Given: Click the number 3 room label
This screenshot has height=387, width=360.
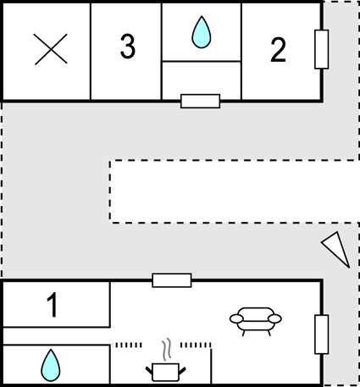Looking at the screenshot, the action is pos(128,47).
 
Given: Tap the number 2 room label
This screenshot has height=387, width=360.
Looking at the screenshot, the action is pos(279,50).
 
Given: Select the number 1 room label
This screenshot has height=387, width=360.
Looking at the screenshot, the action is pos(53,305).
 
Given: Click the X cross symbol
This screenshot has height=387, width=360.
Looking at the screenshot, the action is pos(51,49).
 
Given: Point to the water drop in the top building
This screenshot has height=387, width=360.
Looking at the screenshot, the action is pos(202,32).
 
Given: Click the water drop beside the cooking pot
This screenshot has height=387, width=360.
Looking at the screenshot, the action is pos(51,366).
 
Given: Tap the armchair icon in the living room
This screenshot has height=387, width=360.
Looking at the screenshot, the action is pos(256,321).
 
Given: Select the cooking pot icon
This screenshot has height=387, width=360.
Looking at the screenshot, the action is pos(165,372).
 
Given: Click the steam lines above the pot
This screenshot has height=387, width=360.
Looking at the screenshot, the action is pos(167,350).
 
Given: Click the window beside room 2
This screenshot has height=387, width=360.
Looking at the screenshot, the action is pos(322,49).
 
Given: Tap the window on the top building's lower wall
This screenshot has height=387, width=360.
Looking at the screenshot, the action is pos(201,101).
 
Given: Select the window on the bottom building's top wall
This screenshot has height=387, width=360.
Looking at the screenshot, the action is pos(172,280).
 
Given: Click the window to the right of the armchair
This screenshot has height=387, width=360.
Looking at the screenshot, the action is pos(322,334).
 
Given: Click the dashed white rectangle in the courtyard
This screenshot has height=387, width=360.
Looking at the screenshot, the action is pos(235,191).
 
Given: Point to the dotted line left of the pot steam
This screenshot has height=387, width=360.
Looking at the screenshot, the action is pos(127,345).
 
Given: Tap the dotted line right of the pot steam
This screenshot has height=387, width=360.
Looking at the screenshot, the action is pos(196,345).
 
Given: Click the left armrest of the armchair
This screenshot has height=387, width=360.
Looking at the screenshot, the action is pos(236,319).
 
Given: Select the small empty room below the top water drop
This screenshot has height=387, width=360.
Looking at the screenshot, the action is pos(202,80).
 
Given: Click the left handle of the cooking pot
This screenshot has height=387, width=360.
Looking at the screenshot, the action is pos(149,370).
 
